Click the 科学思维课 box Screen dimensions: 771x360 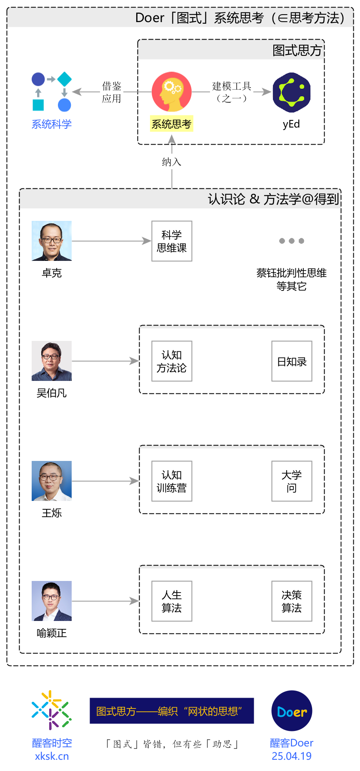[172, 241]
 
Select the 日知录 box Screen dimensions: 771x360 [292, 361]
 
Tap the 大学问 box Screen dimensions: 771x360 [292, 481]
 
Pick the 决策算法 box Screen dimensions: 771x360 [292, 601]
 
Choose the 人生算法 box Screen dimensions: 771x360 [172, 601]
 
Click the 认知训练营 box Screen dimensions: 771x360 [172, 481]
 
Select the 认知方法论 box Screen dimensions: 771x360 [172, 361]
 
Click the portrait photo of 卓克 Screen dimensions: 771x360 [52, 241]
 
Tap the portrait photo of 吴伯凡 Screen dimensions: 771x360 [52, 361]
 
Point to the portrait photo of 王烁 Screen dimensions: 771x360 [52, 481]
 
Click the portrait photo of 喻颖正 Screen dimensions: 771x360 [52, 601]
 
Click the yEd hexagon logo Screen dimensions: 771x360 [292, 93]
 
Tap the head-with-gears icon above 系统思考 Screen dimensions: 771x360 [172, 92]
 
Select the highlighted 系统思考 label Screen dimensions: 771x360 [172, 124]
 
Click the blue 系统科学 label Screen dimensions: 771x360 [52, 124]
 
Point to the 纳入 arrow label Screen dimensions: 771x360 [172, 162]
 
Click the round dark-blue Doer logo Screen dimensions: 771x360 [292, 711]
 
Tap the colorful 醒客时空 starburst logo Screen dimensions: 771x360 [52, 710]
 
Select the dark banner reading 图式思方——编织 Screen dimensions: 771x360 [172, 711]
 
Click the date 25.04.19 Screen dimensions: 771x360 [292, 756]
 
